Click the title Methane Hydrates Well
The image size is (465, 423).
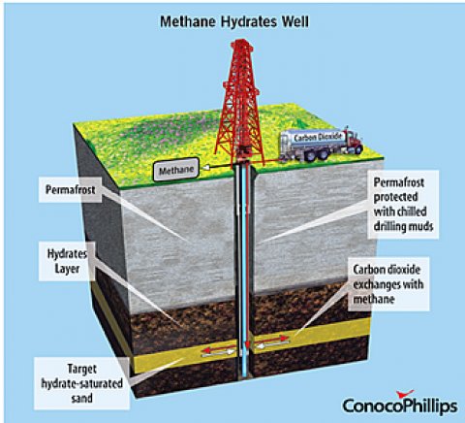(234, 21)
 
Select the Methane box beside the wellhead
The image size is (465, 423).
(176, 170)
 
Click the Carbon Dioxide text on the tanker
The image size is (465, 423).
(318, 137)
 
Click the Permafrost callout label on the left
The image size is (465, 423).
(71, 189)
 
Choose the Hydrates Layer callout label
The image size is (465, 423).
(67, 261)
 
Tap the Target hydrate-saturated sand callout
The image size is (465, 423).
(81, 383)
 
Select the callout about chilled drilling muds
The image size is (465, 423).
(403, 205)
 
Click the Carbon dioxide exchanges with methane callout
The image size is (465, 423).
(388, 284)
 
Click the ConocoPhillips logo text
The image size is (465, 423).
(400, 407)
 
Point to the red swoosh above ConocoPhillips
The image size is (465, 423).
(405, 394)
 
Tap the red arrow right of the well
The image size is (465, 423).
(270, 340)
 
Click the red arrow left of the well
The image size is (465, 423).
(219, 349)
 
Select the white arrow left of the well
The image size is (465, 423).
(218, 354)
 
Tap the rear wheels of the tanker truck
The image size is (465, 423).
(317, 154)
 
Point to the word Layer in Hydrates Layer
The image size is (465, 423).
(67, 269)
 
